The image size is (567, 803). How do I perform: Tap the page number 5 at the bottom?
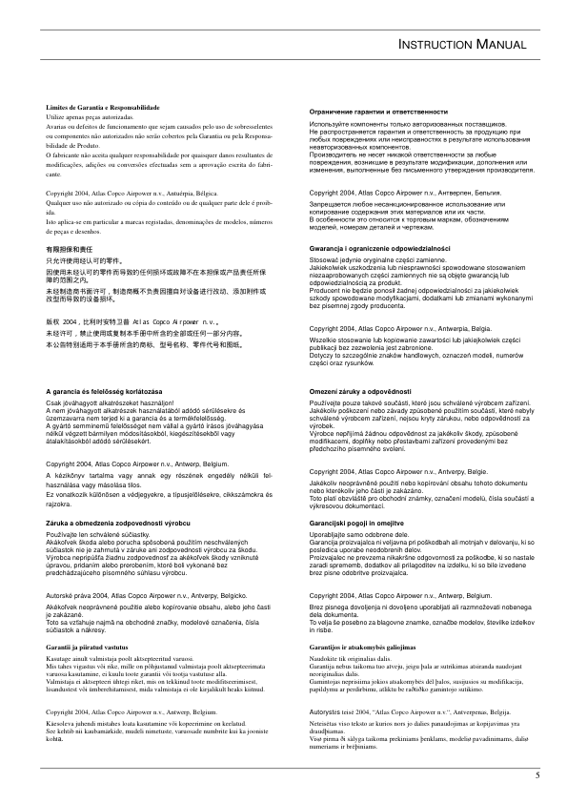coord(537,773)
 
